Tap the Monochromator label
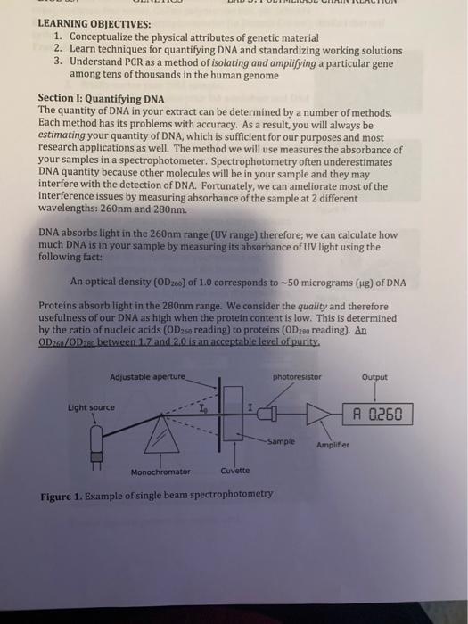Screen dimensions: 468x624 click(160, 471)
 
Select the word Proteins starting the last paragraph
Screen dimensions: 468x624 click(62, 303)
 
